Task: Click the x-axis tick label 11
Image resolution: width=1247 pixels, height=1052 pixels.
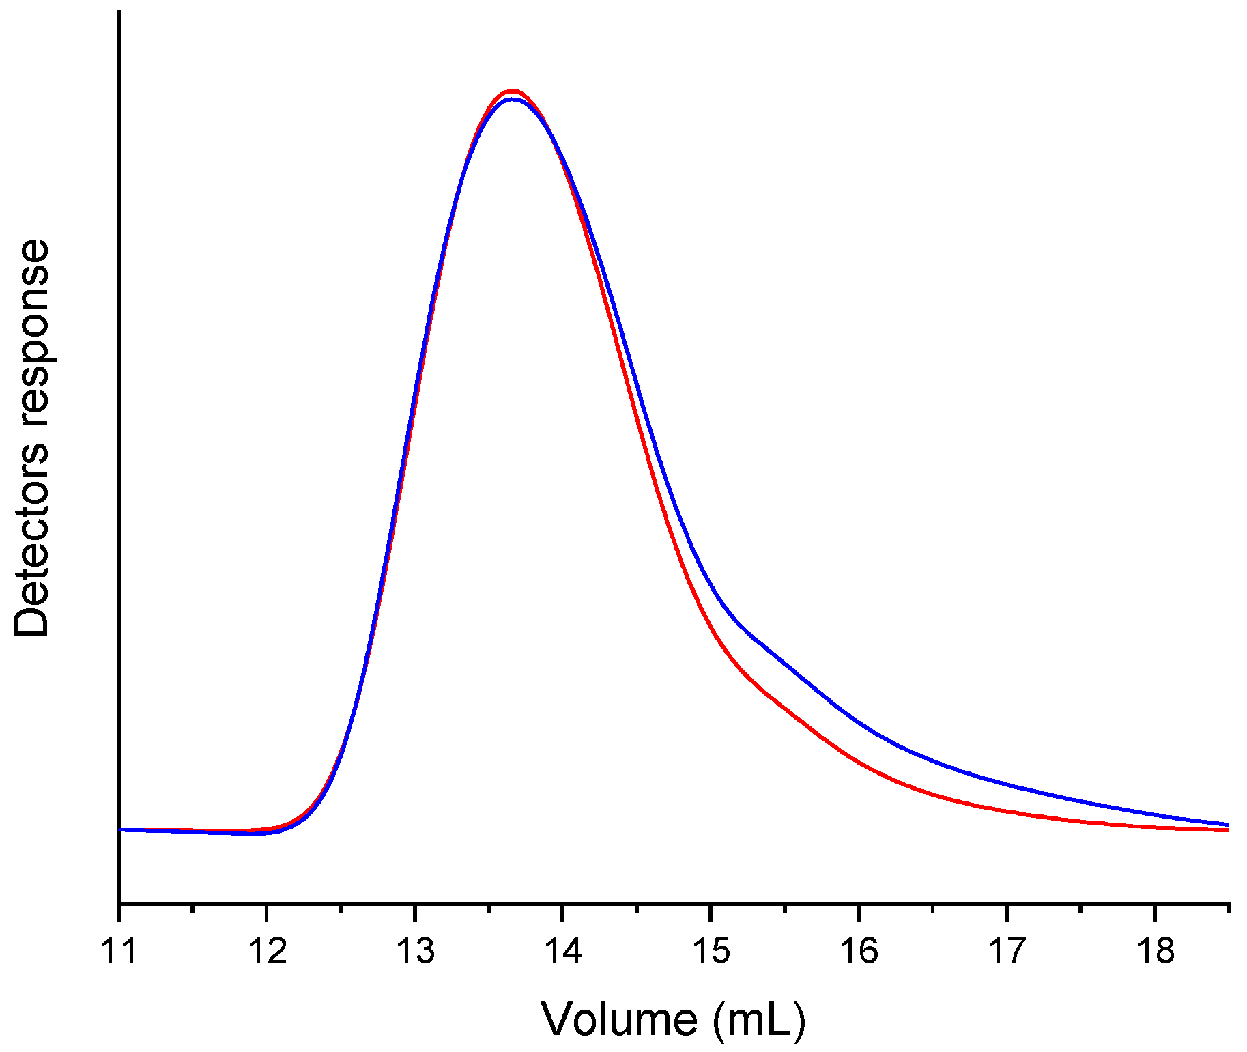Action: pyautogui.click(x=119, y=951)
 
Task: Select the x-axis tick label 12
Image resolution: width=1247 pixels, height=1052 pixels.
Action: pyautogui.click(x=267, y=951)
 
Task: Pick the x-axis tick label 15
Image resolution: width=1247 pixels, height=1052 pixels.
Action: pyautogui.click(x=711, y=951)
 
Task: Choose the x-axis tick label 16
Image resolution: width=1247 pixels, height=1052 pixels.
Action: pyautogui.click(x=859, y=951)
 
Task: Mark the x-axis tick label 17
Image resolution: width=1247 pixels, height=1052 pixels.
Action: pyautogui.click(x=1007, y=951)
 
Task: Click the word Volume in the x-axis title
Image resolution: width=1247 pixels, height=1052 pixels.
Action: pyautogui.click(x=619, y=1020)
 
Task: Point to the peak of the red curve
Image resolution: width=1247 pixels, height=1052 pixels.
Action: pyautogui.click(x=512, y=90)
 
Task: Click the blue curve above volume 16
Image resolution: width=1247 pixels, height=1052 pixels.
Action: pyautogui.click(x=859, y=722)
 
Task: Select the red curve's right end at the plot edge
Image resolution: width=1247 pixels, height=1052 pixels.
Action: pyautogui.click(x=1227, y=830)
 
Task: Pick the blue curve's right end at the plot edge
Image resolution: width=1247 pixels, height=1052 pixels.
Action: pyautogui.click(x=1227, y=824)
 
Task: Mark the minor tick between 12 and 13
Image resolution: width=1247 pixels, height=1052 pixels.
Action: pyautogui.click(x=341, y=908)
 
